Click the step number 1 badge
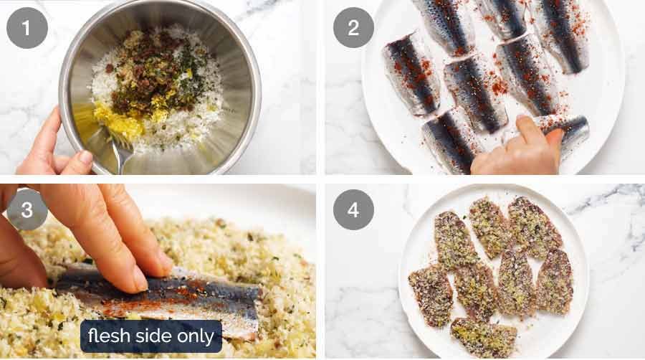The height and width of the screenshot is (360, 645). tap(27, 28)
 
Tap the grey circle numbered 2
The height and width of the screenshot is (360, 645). tap(353, 28)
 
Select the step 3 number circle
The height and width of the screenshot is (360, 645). tap(27, 209)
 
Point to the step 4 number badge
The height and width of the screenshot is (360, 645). tap(353, 209)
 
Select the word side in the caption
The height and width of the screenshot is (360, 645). tap(153, 336)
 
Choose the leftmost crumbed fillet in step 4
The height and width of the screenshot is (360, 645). tap(431, 293)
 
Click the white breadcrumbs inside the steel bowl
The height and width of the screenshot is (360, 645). tap(193, 115)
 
